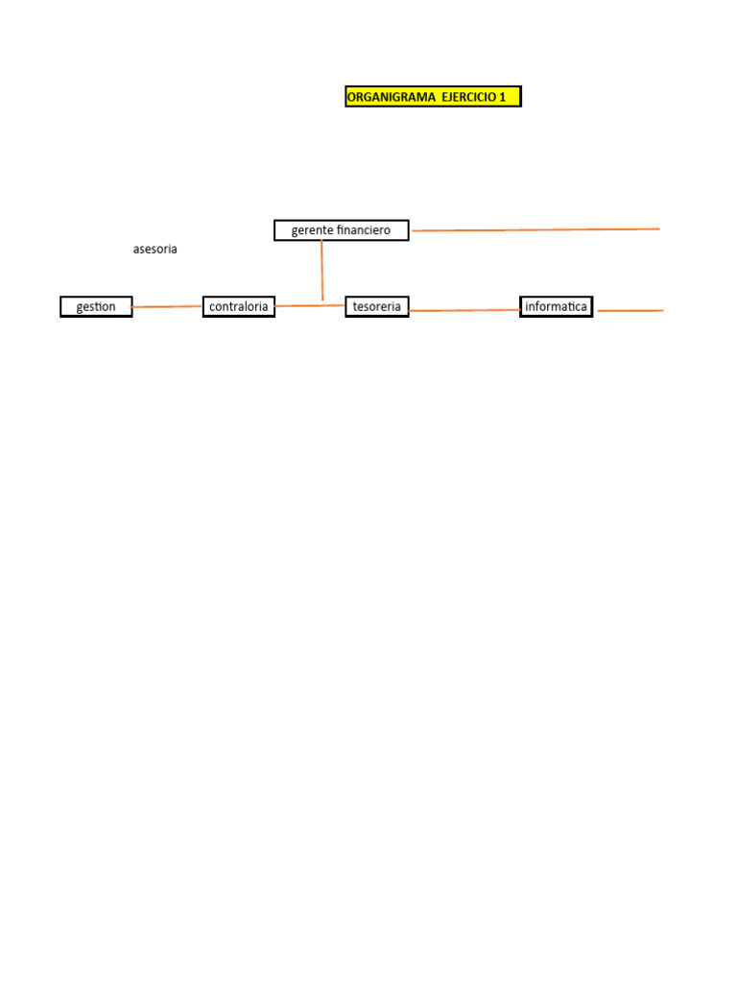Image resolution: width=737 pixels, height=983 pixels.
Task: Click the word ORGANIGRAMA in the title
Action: pyautogui.click(x=391, y=97)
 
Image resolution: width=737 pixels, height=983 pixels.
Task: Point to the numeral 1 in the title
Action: pyautogui.click(x=502, y=97)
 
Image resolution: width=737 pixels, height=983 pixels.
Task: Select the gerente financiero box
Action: pyautogui.click(x=341, y=230)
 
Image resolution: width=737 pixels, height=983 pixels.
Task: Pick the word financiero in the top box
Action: pyautogui.click(x=364, y=230)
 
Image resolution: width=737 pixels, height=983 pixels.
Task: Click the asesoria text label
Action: pyautogui.click(x=155, y=249)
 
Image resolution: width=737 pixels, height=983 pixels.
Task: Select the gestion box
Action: pyautogui.click(x=96, y=307)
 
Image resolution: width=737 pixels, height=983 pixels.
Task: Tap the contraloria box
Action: pyautogui.click(x=239, y=307)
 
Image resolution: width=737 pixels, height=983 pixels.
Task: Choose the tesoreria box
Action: pyautogui.click(x=377, y=307)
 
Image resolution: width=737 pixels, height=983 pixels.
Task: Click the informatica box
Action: pyautogui.click(x=557, y=307)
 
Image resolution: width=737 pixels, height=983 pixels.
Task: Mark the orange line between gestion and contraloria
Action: pyautogui.click(x=167, y=307)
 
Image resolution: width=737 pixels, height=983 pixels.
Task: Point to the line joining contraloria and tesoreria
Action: pyautogui.click(x=309, y=305)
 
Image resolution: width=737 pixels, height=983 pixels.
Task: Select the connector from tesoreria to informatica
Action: pyautogui.click(x=464, y=310)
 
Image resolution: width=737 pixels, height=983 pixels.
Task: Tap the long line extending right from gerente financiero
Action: pyautogui.click(x=535, y=230)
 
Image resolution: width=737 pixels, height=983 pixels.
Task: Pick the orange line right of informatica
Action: pyautogui.click(x=630, y=311)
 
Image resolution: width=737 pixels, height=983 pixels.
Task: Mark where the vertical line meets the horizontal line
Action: pyautogui.click(x=322, y=305)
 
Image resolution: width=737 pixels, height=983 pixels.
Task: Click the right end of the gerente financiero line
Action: pyautogui.click(x=659, y=229)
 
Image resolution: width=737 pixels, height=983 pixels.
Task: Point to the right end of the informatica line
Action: pyautogui.click(x=661, y=311)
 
